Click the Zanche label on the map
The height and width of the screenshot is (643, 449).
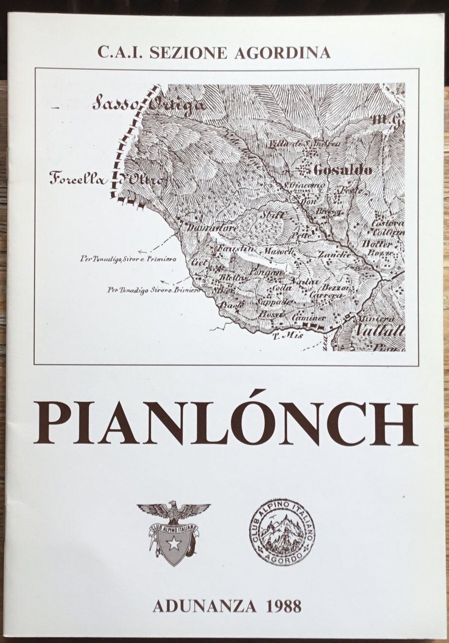(x=333, y=255)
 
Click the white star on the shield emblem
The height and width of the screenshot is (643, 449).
(x=174, y=543)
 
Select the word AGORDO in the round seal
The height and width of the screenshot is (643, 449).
(x=282, y=558)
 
